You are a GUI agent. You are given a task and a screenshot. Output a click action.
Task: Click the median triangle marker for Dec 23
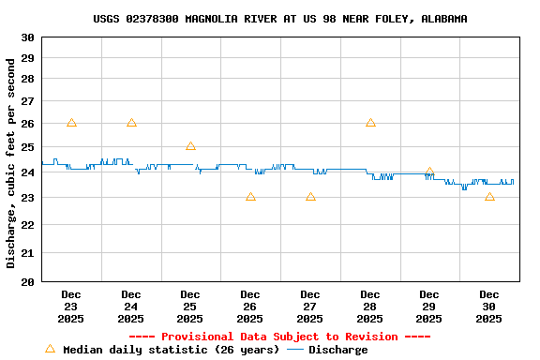[x=71, y=123]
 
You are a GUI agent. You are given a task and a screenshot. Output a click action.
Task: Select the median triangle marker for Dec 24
[x=131, y=123]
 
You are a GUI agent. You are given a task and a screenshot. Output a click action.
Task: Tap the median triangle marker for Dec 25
[x=190, y=146]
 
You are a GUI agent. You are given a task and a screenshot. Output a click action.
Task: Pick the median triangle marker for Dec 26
[x=250, y=197]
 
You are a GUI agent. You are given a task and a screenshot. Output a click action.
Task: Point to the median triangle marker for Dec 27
[x=310, y=197]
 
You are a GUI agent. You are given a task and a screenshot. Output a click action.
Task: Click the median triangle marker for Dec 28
[x=370, y=123]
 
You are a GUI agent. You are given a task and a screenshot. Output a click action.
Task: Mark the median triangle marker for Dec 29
[x=429, y=172]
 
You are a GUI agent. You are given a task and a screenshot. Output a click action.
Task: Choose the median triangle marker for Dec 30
[x=489, y=197]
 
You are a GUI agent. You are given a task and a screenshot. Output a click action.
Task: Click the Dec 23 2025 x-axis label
[x=71, y=307]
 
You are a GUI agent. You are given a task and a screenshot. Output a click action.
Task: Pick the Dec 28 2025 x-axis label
[x=370, y=307]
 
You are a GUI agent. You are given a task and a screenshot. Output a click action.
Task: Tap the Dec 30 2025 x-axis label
[x=489, y=307]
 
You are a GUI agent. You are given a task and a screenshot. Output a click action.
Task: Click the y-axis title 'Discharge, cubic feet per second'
[x=11, y=163]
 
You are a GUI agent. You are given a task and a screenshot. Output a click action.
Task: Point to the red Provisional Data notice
[x=279, y=337]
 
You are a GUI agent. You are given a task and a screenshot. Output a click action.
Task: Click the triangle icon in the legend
[x=50, y=349]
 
